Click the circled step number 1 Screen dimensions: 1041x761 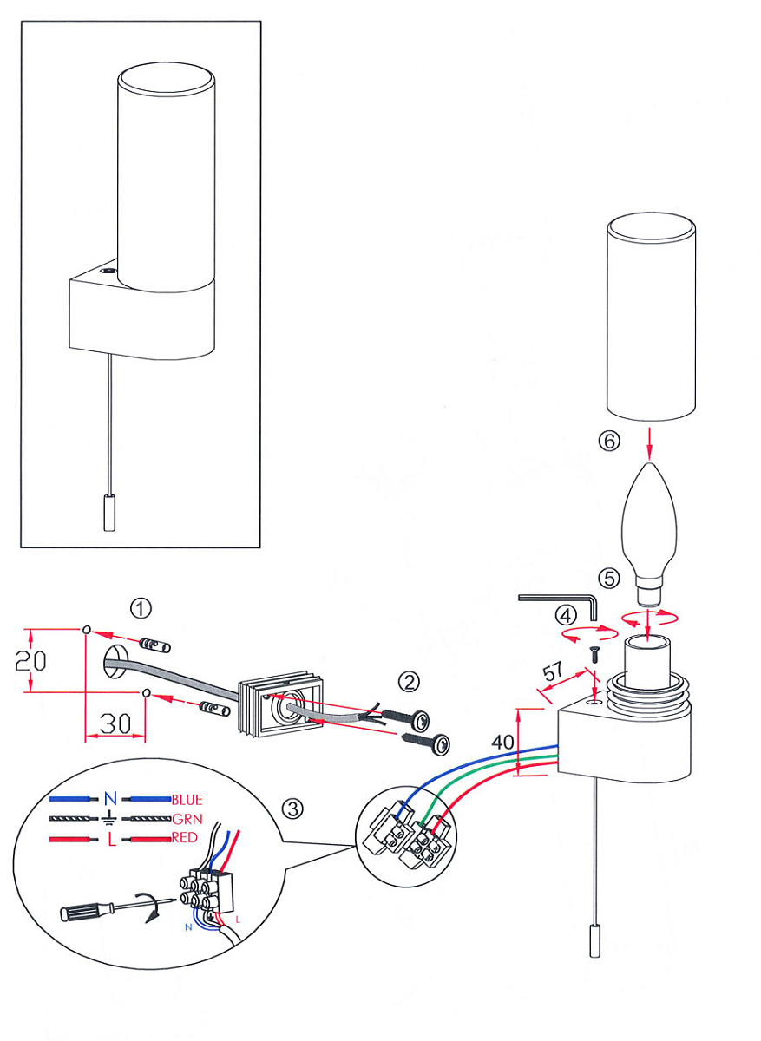[x=141, y=605]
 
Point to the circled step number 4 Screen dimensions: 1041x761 [x=566, y=616]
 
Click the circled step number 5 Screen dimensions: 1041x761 [x=608, y=576]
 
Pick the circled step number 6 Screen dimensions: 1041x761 [x=609, y=442]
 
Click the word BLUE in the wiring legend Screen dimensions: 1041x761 [x=187, y=799]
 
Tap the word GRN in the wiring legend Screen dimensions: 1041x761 [x=185, y=818]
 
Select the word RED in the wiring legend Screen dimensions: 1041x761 [x=184, y=838]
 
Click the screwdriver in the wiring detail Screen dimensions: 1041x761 [x=100, y=911]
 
